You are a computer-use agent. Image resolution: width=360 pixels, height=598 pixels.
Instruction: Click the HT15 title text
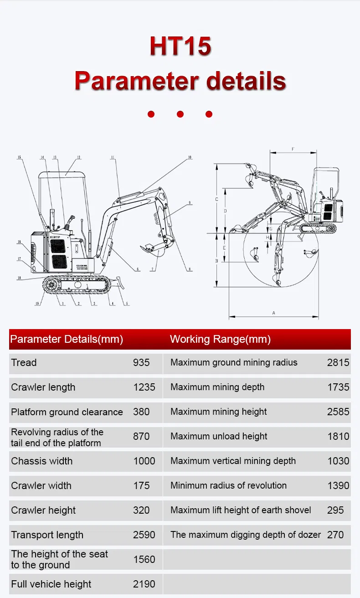[180, 46]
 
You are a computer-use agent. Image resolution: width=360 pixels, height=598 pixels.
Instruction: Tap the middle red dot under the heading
[180, 114]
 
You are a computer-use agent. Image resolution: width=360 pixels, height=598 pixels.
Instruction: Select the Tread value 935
[141, 363]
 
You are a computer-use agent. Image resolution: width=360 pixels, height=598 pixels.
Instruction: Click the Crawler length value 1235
[144, 387]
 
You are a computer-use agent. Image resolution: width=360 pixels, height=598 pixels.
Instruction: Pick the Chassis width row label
[42, 461]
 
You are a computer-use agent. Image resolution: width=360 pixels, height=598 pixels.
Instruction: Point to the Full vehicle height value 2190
[144, 584]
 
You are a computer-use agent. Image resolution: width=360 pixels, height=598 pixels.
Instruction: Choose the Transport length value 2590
[144, 535]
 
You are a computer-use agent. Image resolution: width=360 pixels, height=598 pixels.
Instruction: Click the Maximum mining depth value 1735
[338, 387]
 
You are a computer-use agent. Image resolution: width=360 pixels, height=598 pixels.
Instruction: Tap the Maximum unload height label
[219, 437]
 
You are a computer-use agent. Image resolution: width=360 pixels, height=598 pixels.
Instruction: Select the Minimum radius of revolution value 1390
[338, 486]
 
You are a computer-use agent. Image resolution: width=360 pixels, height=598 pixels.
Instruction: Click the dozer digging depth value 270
[335, 535]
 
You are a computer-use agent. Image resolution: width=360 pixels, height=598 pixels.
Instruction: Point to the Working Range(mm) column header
[220, 339]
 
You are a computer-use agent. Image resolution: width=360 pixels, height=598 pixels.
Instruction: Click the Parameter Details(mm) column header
[67, 339]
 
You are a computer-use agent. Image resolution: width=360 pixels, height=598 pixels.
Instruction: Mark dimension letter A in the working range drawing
[273, 313]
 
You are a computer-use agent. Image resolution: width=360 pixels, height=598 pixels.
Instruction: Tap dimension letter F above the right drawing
[293, 149]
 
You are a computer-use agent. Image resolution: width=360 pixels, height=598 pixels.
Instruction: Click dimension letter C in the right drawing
[217, 199]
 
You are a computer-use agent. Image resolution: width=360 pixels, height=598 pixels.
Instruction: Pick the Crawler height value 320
[141, 510]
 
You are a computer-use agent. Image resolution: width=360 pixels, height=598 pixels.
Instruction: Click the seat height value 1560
[144, 560]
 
